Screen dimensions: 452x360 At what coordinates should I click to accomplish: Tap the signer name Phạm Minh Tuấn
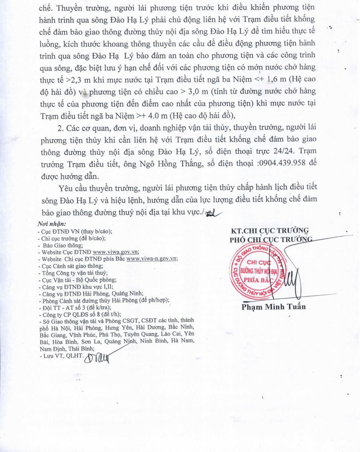pyautogui.click(x=273, y=307)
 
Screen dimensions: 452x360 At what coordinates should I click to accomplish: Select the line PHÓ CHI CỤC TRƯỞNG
pyautogui.click(x=271, y=239)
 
